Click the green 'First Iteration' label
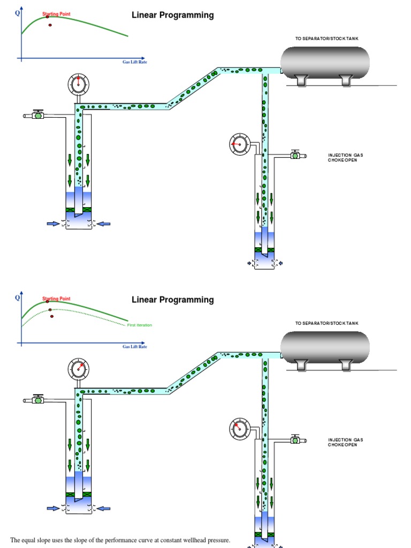139,325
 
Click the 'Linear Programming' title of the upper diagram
172,15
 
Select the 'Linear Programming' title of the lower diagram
172,300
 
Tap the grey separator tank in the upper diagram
325,62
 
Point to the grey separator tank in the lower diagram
325,347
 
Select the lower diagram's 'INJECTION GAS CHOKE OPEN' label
345,442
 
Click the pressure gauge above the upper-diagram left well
79,83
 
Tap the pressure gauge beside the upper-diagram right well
239,144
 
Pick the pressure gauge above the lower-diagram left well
79,369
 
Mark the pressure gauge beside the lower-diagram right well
239,429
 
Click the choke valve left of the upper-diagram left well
38,115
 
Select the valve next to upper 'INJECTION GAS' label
295,155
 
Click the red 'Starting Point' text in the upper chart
56,13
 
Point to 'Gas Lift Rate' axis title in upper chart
134,62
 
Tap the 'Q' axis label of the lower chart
18,297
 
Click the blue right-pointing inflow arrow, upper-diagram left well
53,224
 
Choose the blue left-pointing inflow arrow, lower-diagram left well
104,508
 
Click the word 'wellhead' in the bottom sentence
182,540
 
